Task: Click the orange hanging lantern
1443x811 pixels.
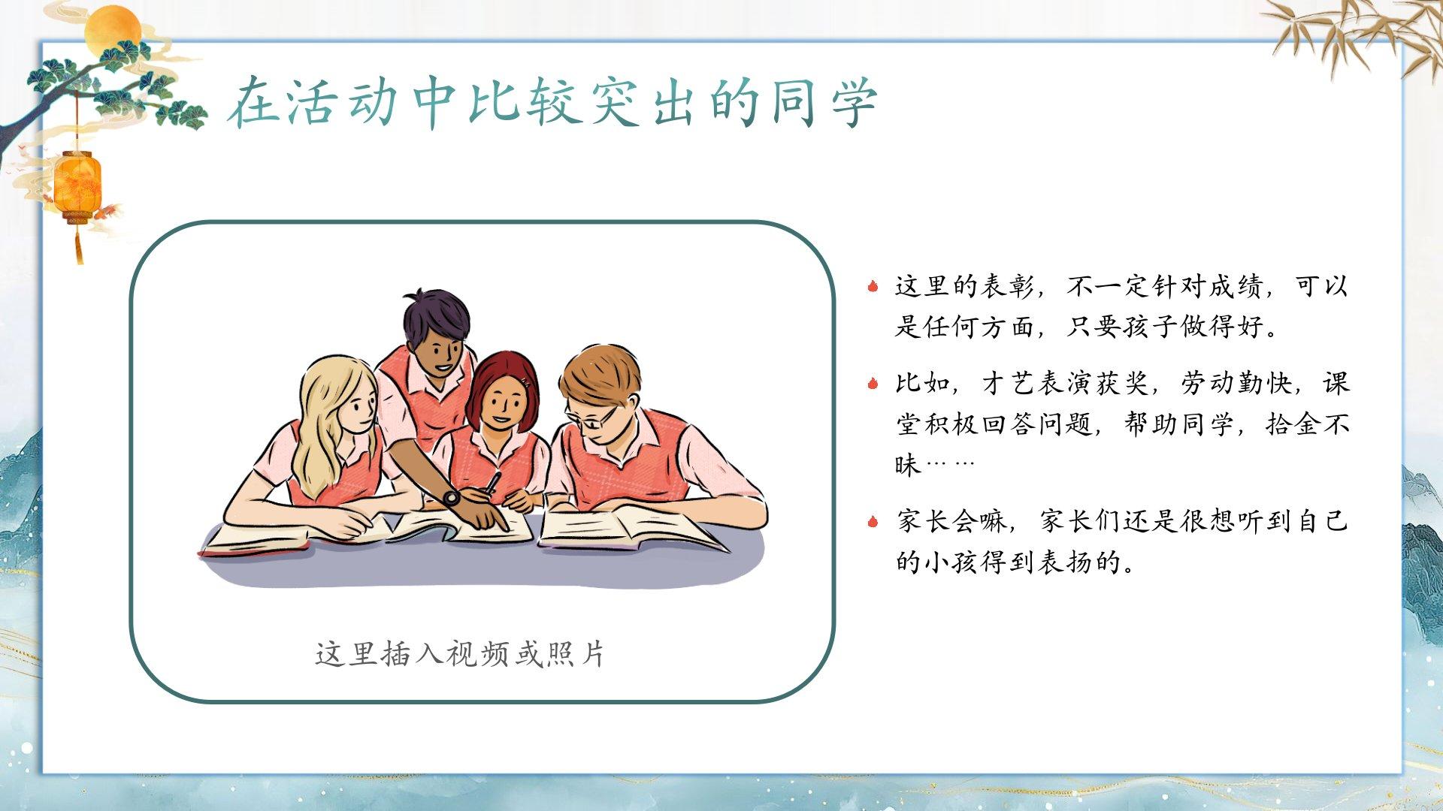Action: (x=77, y=184)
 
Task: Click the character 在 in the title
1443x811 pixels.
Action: (x=253, y=103)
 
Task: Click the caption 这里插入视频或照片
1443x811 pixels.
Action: (x=461, y=653)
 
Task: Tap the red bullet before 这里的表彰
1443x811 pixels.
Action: (x=873, y=286)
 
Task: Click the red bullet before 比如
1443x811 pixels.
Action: (x=873, y=384)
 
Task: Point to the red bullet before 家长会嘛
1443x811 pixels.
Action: (x=873, y=521)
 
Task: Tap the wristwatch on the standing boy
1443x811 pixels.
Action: (x=452, y=498)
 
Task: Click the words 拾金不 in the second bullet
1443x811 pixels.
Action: (x=1308, y=424)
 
